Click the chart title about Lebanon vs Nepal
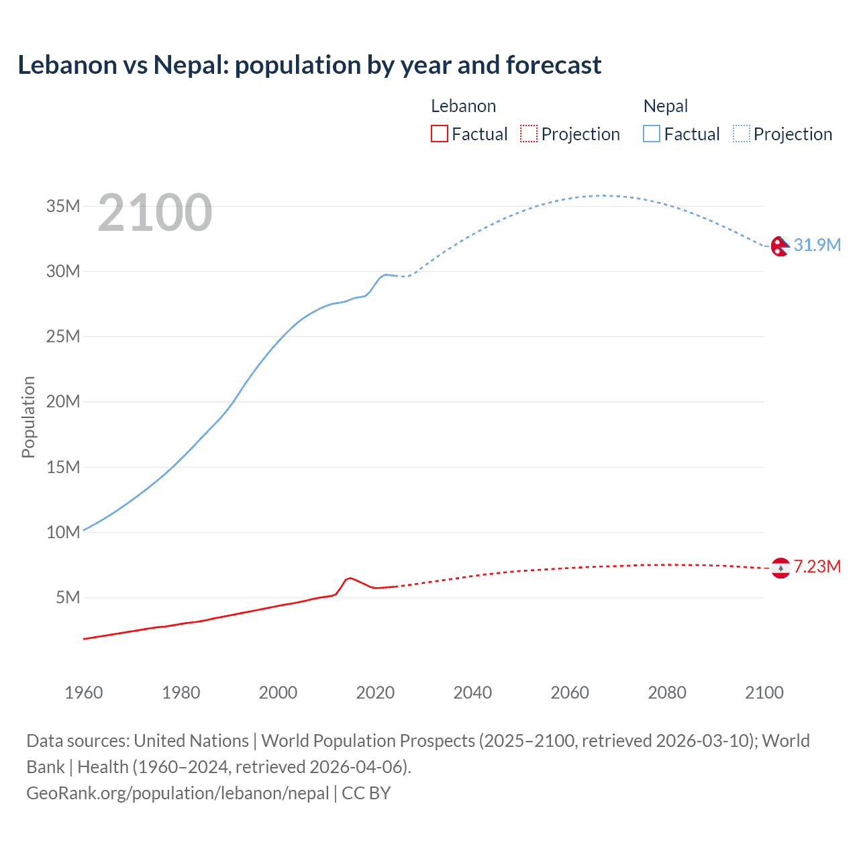pyautogui.click(x=309, y=65)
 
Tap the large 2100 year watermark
pyautogui.click(x=155, y=213)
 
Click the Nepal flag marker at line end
pyautogui.click(x=780, y=246)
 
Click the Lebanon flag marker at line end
pyautogui.click(x=780, y=568)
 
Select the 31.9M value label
pyautogui.click(x=817, y=245)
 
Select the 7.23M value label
pyautogui.click(x=817, y=567)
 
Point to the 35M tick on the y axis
pyautogui.click(x=63, y=206)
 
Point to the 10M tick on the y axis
pyautogui.click(x=63, y=532)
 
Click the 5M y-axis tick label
pyautogui.click(x=68, y=597)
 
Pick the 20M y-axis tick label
pyautogui.click(x=63, y=402)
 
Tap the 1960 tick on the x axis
pyautogui.click(x=84, y=693)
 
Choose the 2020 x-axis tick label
pyautogui.click(x=375, y=693)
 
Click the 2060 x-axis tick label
pyautogui.click(x=570, y=693)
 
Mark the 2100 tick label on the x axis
pyautogui.click(x=764, y=693)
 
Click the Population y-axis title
pyautogui.click(x=28, y=417)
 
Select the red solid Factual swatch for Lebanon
pyautogui.click(x=439, y=134)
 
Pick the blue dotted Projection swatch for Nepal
pyautogui.click(x=742, y=134)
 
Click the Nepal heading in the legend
pyautogui.click(x=665, y=106)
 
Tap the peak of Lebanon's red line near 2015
pyautogui.click(x=350, y=577)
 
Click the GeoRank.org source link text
pyautogui.click(x=178, y=793)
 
